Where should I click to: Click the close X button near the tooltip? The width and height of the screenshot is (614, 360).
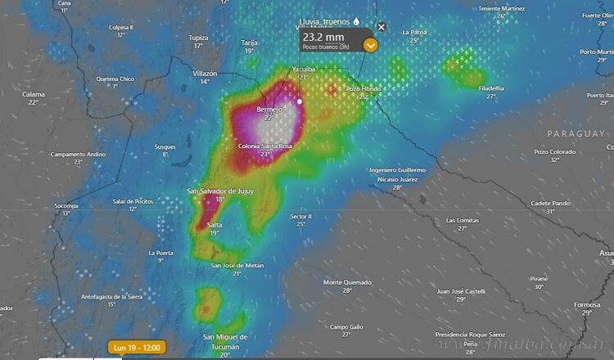pos(381,27)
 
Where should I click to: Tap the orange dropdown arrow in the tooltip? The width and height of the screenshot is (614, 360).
pos(371,45)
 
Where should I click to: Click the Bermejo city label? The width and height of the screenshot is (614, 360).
pos(269,109)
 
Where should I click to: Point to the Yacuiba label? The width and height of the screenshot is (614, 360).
pos(303,70)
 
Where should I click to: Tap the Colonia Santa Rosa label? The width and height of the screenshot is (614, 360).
pos(264,146)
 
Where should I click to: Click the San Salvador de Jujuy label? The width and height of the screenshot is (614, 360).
pos(220,191)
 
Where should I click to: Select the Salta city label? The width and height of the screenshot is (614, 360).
pos(214,224)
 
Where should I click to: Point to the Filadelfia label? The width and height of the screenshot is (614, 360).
pos(491,88)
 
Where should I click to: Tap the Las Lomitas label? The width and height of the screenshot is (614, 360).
pos(462,220)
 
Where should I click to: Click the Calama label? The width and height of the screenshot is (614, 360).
pos(33,94)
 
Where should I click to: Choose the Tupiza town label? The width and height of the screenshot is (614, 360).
pos(198,38)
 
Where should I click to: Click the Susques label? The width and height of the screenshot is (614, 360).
pos(165,146)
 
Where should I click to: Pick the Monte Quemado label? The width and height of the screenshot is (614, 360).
pos(347,282)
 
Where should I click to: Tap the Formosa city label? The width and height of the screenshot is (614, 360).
pos(587,304)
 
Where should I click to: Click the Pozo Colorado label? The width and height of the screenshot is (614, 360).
pos(555,151)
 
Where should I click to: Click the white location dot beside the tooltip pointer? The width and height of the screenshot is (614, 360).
pos(300,101)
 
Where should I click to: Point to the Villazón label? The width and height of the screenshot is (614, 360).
pos(205,73)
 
